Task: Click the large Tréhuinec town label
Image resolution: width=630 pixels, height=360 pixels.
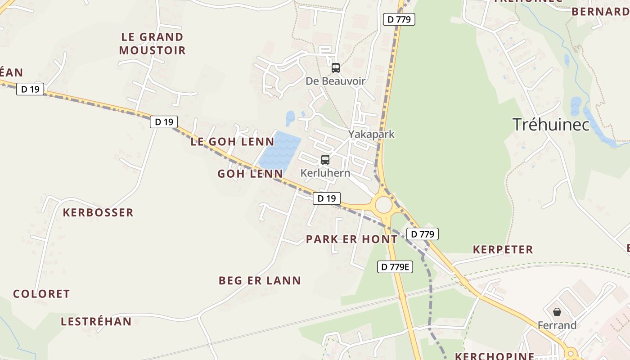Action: [x=551, y=124]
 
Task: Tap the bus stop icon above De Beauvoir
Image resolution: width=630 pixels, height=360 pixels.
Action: [x=335, y=68]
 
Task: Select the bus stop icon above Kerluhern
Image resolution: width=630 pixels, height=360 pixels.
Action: [x=325, y=159]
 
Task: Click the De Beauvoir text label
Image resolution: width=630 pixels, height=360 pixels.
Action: [x=335, y=81]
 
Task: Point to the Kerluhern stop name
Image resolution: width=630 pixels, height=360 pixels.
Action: [x=325, y=173]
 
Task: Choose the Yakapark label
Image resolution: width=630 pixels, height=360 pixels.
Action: [x=371, y=134]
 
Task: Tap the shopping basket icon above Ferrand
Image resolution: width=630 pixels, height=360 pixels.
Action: [x=557, y=311]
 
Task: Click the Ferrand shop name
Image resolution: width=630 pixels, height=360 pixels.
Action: [x=557, y=325]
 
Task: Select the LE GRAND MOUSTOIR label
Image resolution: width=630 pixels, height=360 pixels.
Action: [x=152, y=44]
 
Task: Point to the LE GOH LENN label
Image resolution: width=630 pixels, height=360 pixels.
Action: [x=232, y=142]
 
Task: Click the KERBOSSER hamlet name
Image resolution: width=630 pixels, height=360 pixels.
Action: [x=98, y=212]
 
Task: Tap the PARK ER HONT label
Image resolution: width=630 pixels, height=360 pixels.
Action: [x=351, y=239]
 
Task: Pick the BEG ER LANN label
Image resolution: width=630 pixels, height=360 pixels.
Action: [x=260, y=281]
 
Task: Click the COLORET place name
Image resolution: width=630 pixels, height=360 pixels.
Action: [x=41, y=294]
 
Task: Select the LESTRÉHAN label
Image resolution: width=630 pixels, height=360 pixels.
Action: [x=96, y=322]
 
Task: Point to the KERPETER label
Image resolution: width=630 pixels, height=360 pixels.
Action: [x=503, y=250]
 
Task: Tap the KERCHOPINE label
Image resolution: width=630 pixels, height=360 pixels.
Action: [x=495, y=356]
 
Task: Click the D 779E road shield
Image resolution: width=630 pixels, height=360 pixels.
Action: [x=395, y=267]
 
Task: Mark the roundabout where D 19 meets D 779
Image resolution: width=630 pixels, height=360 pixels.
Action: [x=383, y=205]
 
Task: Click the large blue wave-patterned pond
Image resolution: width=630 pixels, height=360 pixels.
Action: [x=280, y=151]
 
